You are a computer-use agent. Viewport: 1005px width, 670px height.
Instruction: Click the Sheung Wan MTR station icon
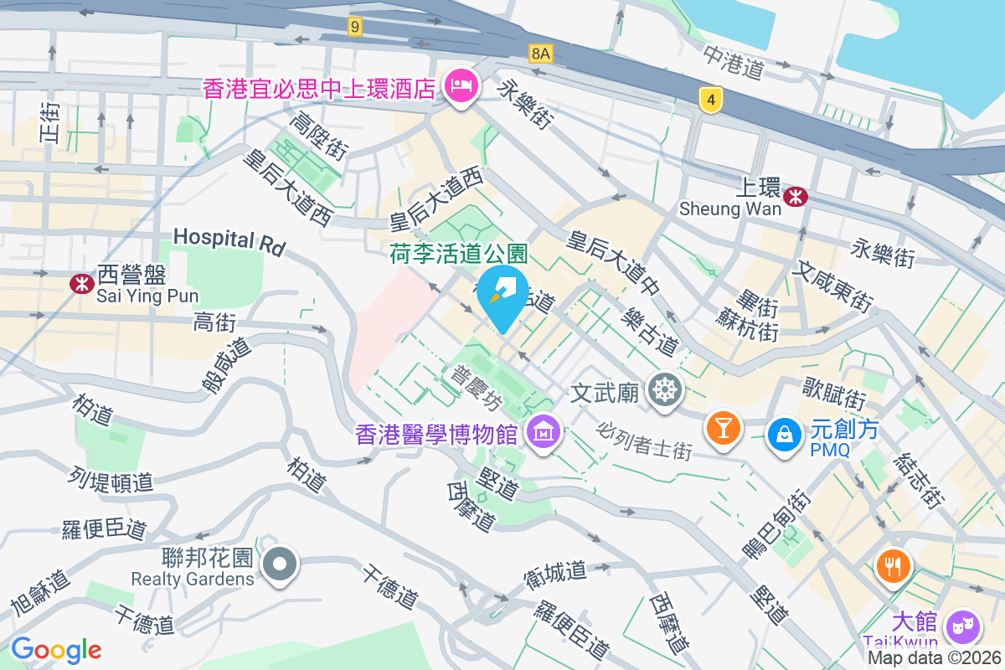[796, 196]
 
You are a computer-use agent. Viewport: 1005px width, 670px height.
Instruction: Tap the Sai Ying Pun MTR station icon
[81, 284]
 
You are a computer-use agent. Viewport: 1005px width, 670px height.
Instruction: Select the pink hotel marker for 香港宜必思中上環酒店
[460, 85]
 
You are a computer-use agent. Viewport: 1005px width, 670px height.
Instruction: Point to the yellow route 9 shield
[356, 28]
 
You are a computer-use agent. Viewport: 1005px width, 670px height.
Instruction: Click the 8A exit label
[541, 54]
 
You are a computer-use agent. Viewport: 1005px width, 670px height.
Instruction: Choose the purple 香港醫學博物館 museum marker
[544, 434]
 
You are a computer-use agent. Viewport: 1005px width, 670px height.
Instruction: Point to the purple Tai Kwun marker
[962, 625]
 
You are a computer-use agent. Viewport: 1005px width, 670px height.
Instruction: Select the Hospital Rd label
[229, 241]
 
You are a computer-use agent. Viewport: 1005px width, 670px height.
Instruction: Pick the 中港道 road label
[734, 61]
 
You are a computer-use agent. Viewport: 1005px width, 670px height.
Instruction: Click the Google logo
[56, 649]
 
